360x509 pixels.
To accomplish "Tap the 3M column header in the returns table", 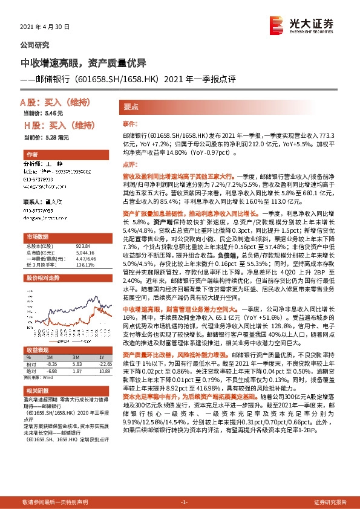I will pyautogui.click(x=76, y=358).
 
